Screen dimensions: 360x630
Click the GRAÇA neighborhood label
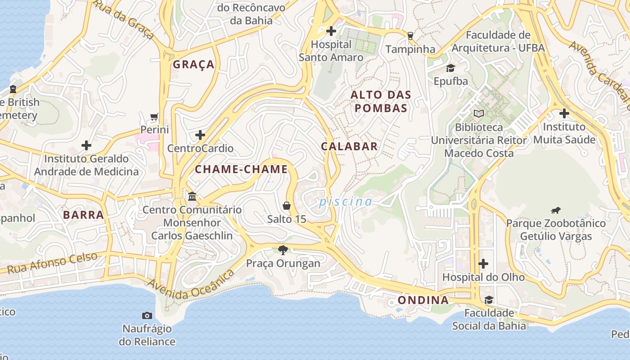tap(194, 64)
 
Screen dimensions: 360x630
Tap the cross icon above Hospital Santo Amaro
tap(331, 31)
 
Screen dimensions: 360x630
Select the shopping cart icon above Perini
tap(154, 117)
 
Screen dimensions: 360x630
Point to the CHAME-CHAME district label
tap(241, 169)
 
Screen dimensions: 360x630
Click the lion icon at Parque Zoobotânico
tap(556, 210)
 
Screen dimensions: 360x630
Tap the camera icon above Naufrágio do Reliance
tap(147, 315)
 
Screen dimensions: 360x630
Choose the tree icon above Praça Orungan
tap(283, 250)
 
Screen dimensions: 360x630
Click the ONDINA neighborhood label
tap(423, 300)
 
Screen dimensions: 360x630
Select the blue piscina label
tap(346, 202)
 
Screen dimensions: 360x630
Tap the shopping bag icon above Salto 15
tap(287, 206)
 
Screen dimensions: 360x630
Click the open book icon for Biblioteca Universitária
tap(479, 114)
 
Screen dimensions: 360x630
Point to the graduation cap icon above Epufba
tap(450, 68)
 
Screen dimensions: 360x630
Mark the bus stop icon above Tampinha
tap(410, 36)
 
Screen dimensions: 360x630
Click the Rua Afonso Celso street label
tap(53, 263)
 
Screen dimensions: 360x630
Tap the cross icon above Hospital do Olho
tap(483, 263)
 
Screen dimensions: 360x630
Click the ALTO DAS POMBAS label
tap(381, 101)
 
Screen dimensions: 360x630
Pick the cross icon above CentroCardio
tap(200, 135)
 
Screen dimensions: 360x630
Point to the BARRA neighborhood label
tap(84, 215)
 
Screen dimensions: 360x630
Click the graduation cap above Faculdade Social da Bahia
tap(489, 300)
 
